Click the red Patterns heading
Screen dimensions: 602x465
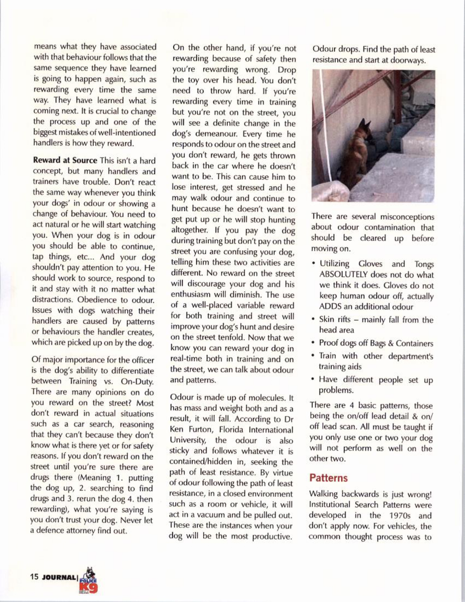coord(328,478)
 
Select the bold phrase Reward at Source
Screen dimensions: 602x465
coord(65,161)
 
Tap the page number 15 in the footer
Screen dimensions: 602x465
coord(35,577)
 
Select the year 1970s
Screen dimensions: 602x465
coord(399,516)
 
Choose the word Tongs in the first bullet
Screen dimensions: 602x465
coord(424,264)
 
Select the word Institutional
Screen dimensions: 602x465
coord(333,505)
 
